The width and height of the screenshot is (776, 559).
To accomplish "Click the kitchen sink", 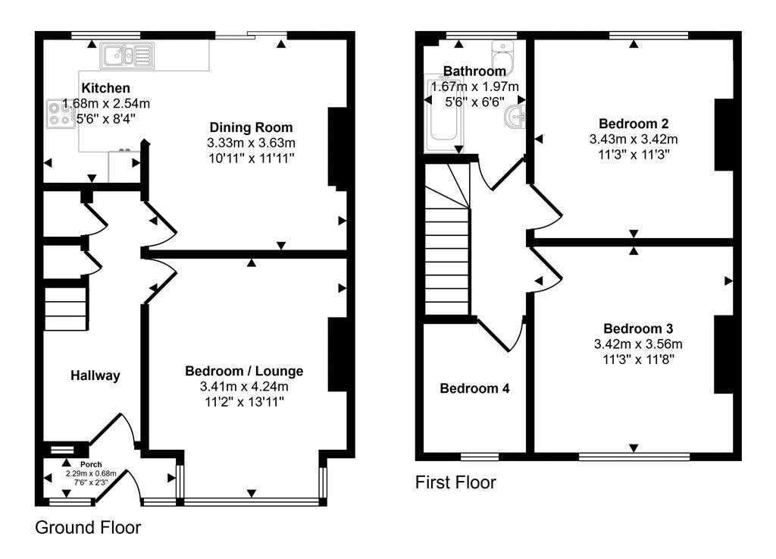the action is (x=127, y=55).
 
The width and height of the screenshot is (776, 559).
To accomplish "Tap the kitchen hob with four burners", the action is (x=61, y=114).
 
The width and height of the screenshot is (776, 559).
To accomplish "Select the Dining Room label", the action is (x=251, y=127).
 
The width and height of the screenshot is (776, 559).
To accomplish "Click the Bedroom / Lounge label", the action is (x=244, y=371).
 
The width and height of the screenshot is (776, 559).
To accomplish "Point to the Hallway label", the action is (x=95, y=375).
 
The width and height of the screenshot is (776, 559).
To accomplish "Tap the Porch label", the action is (x=91, y=464).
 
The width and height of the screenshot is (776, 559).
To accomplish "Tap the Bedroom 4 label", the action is (x=474, y=388).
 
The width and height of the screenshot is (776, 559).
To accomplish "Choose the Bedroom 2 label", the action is (x=634, y=124).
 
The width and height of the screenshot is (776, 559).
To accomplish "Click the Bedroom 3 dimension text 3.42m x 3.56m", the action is (x=638, y=344).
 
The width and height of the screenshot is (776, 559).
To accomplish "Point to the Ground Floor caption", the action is (x=88, y=528).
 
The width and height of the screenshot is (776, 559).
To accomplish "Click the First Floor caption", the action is (x=455, y=482).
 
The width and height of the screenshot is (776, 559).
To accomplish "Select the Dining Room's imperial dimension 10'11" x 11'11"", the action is (x=252, y=159).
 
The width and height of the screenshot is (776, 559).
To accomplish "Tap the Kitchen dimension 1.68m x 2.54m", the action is (x=106, y=103).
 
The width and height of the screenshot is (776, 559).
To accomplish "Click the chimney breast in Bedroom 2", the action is (x=723, y=135).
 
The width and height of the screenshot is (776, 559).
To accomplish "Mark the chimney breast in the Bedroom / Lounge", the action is (x=337, y=355).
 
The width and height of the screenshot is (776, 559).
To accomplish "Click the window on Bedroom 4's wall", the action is (x=480, y=457).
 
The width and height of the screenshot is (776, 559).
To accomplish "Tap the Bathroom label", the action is (x=474, y=71).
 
